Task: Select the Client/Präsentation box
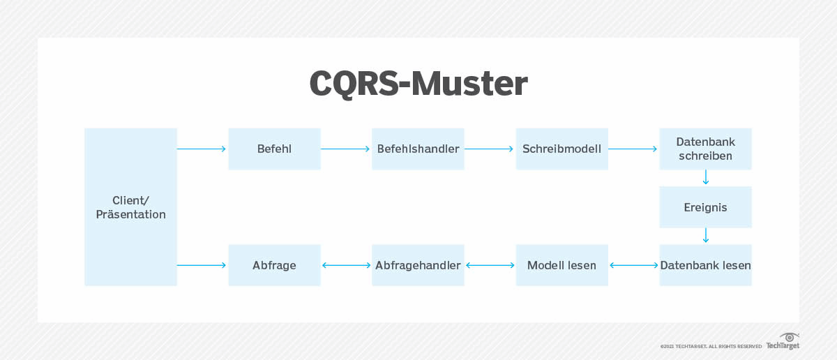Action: [130, 207]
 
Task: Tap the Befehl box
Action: [274, 149]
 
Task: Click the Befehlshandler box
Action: [418, 149]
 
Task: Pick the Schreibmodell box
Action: [561, 149]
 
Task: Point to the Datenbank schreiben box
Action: [705, 149]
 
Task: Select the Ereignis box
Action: [705, 207]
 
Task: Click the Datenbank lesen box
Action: [705, 265]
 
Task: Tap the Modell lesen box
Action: [561, 265]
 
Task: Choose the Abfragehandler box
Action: [418, 265]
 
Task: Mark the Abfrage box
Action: [274, 265]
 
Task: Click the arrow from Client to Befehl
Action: [202, 149]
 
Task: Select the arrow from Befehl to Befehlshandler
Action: [346, 149]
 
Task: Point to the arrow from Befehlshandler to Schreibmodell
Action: [490, 149]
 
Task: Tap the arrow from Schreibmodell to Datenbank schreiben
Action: [633, 149]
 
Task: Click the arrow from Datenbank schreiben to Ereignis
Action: [705, 178]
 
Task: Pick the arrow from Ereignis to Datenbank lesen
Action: [705, 236]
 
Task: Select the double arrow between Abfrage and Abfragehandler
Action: [346, 265]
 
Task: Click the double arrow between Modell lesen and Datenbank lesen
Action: [633, 265]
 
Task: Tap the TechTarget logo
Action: [783, 342]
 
